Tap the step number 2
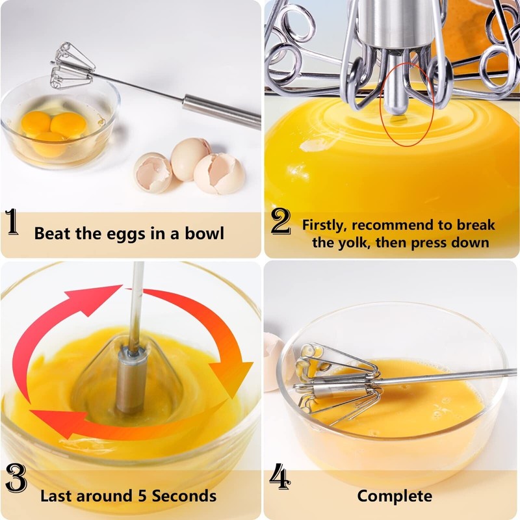click(280, 222)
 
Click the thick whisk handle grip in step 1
click(221, 110)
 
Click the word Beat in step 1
click(51, 233)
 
